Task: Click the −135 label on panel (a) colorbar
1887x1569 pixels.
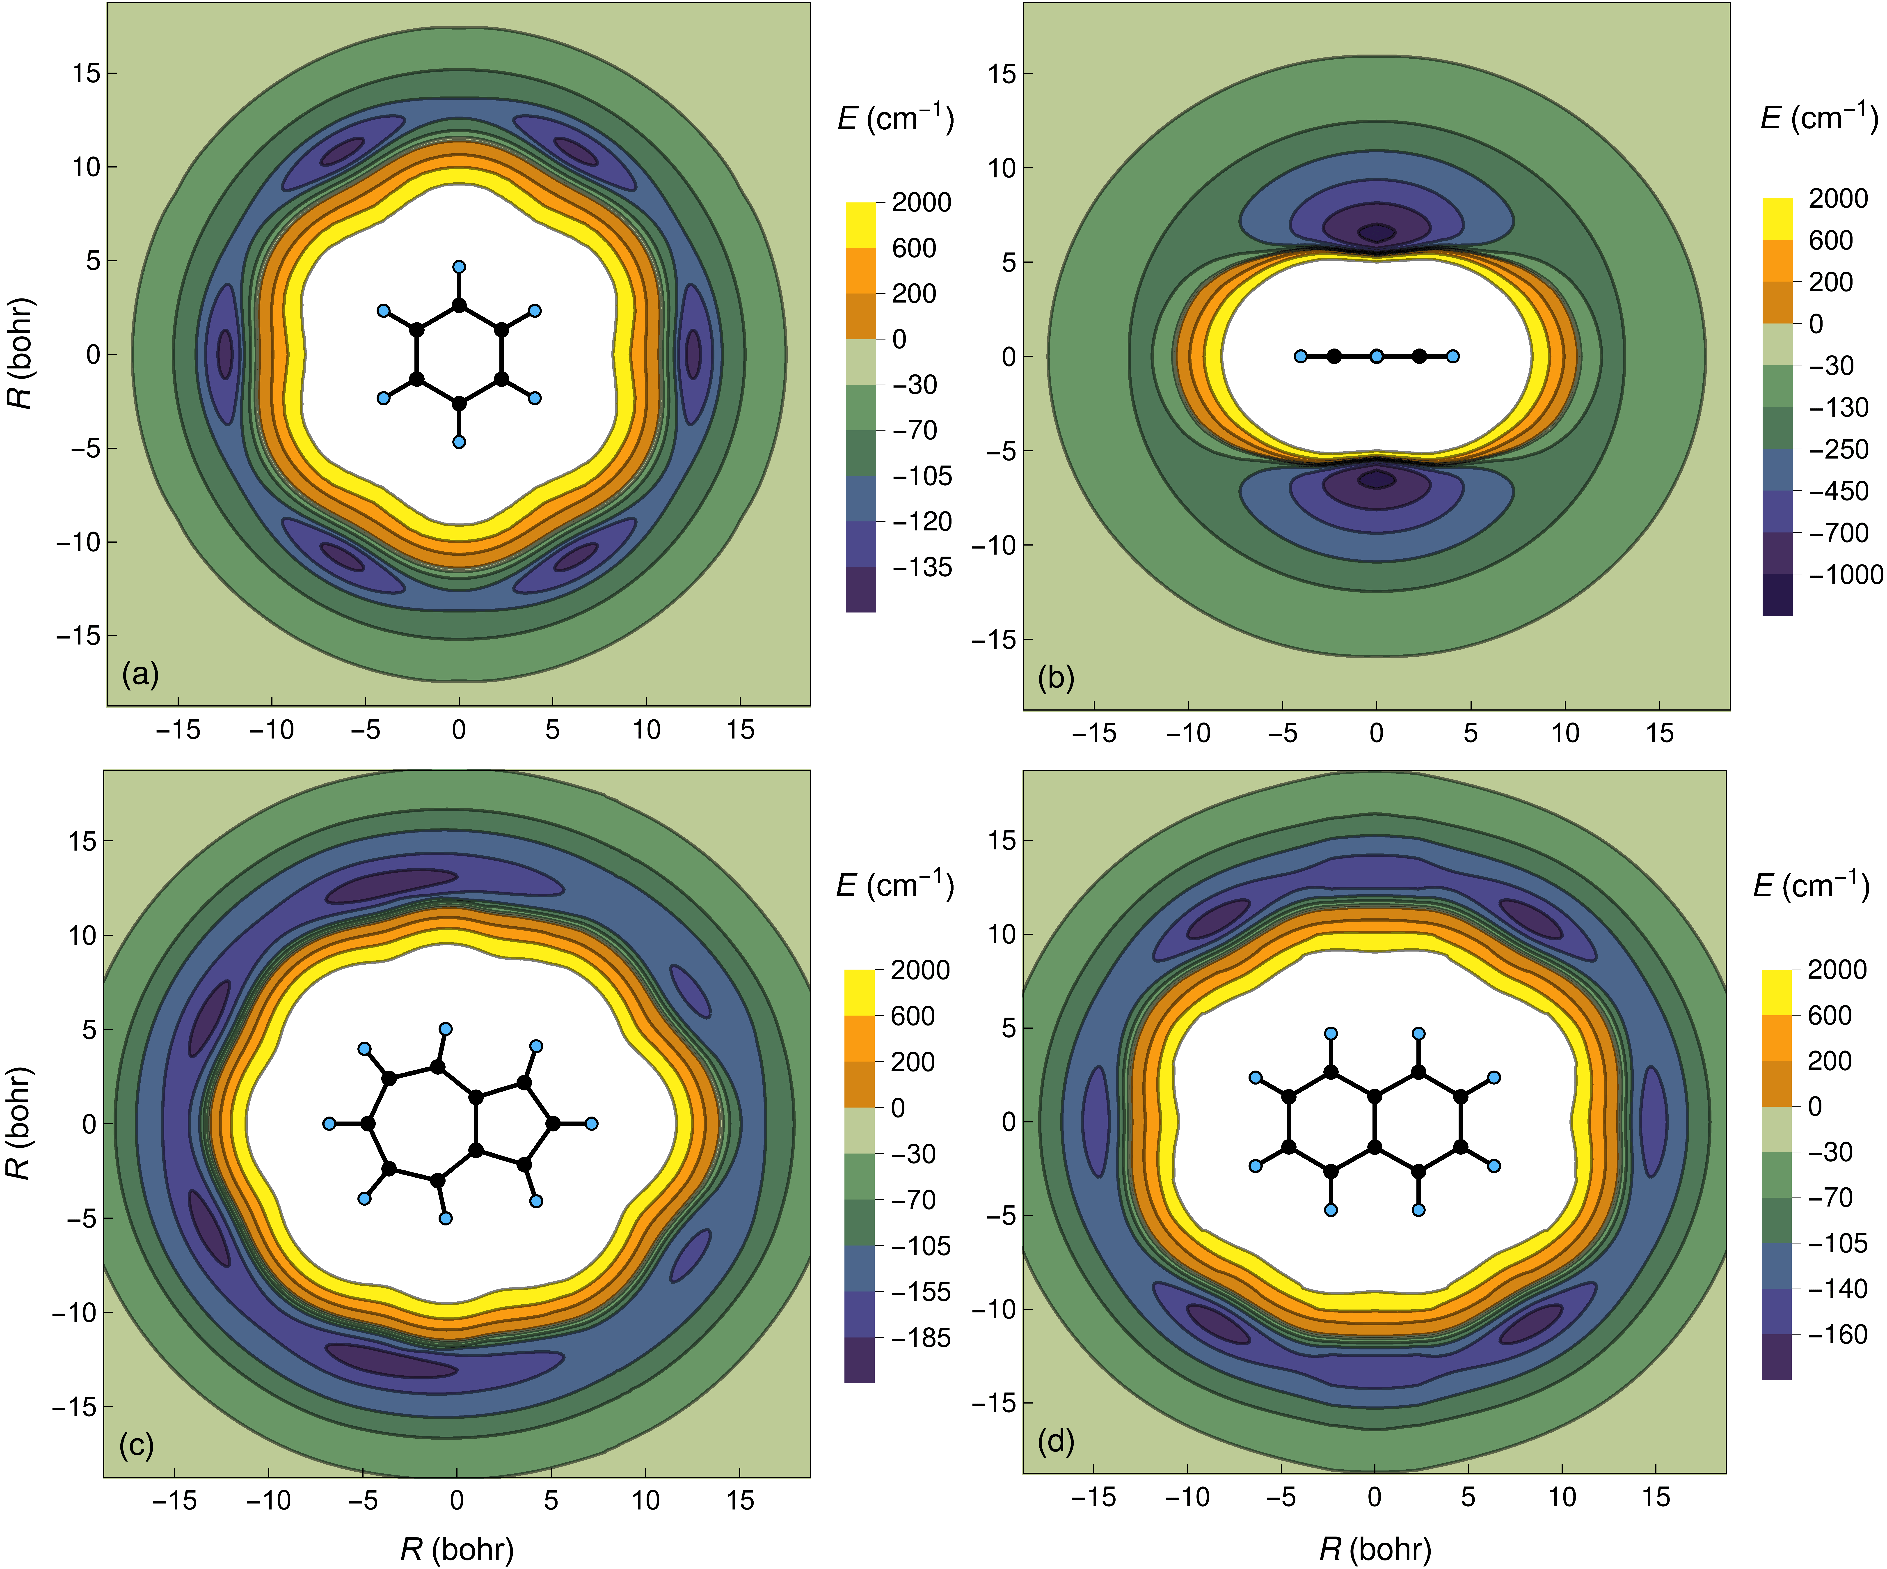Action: click(921, 567)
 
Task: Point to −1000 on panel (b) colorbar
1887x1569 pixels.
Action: click(1845, 575)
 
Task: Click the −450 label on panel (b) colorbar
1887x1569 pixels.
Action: click(1838, 491)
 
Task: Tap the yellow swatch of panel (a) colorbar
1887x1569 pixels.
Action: click(860, 225)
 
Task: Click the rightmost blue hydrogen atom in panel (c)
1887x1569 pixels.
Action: click(591, 1123)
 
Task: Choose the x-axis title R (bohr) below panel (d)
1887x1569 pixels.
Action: click(1375, 1547)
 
